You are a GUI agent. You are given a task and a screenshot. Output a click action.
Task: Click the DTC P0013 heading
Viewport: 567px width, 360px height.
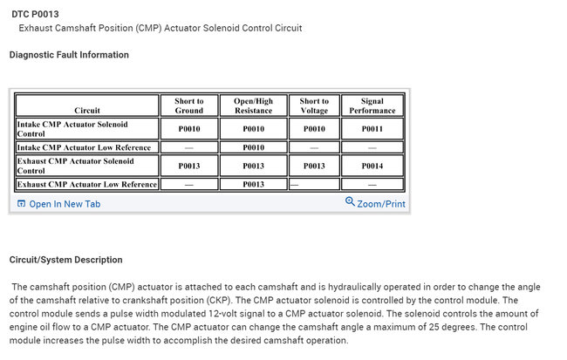(x=36, y=13)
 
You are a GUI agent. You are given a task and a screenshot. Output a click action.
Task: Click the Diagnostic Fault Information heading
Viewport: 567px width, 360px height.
(x=69, y=55)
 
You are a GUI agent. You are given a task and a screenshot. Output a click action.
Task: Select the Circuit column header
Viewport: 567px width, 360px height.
(x=87, y=111)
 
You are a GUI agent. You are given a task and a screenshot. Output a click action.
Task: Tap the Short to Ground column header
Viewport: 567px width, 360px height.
(x=189, y=105)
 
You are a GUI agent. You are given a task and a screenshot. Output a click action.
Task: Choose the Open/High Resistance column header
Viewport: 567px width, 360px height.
(x=253, y=105)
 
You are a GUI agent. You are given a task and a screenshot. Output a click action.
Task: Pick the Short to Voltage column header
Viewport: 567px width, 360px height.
(x=314, y=105)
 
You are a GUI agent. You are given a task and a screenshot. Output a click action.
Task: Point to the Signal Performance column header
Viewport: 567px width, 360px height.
(x=372, y=105)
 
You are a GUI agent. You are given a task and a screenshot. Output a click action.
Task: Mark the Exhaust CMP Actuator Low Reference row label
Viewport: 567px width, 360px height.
(x=87, y=184)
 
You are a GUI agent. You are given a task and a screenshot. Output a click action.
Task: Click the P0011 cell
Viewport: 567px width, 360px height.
(x=372, y=130)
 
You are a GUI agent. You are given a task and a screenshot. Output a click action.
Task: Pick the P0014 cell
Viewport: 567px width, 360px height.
(x=372, y=166)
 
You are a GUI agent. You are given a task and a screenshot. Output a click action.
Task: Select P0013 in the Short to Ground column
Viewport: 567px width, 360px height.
(x=189, y=166)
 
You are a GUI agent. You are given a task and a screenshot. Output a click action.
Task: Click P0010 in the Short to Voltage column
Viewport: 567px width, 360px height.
(x=314, y=130)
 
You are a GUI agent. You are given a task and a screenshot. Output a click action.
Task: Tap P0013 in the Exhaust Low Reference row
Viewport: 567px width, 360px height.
(x=253, y=184)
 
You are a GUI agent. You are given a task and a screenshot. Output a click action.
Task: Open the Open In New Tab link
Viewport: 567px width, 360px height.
(x=65, y=204)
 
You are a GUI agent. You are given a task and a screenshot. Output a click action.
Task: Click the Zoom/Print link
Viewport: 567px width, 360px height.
(x=381, y=204)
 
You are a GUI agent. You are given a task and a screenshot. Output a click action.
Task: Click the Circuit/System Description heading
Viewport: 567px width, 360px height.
(x=65, y=260)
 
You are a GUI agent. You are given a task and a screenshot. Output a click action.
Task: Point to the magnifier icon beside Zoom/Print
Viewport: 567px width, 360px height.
(x=350, y=202)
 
